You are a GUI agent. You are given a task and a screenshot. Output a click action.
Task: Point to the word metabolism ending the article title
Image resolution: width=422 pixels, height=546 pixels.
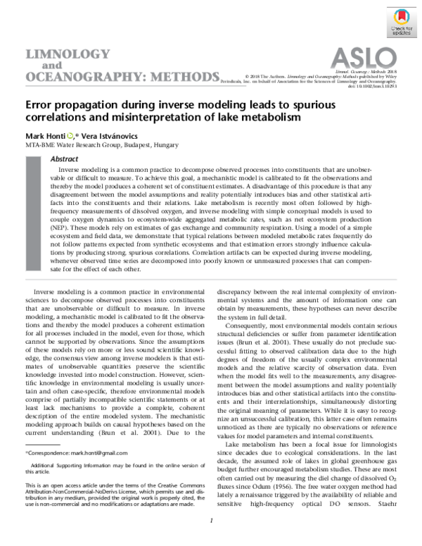point(271,118)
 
